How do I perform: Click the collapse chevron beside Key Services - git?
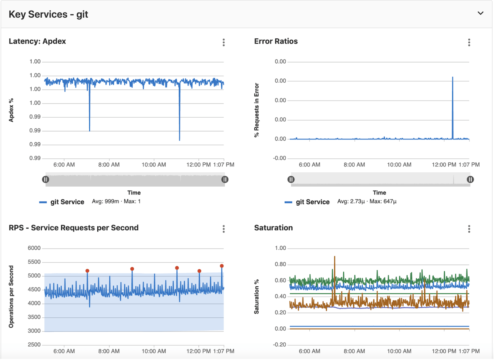pyautogui.click(x=480, y=13)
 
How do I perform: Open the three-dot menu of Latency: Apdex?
pyautogui.click(x=224, y=42)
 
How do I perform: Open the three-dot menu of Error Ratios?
pyautogui.click(x=469, y=42)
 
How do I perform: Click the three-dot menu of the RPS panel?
pyautogui.click(x=224, y=229)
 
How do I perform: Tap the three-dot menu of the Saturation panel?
pyautogui.click(x=469, y=229)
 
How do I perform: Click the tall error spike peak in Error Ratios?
pyautogui.click(x=452, y=78)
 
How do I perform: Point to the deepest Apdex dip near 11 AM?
pyautogui.click(x=180, y=139)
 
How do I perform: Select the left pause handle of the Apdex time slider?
pyautogui.click(x=46, y=179)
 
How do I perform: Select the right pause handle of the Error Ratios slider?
pyautogui.click(x=470, y=179)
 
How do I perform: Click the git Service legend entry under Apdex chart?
pyautogui.click(x=67, y=202)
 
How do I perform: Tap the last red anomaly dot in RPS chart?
pyautogui.click(x=222, y=266)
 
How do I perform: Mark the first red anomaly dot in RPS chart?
pyautogui.click(x=87, y=271)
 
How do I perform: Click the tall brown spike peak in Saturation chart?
pyautogui.click(x=334, y=257)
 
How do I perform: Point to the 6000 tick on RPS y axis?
pyautogui.click(x=34, y=248)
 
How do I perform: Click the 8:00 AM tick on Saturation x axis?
pyautogui.click(x=354, y=351)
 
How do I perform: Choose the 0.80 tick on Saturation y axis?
pyautogui.click(x=280, y=264)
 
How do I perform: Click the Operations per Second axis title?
pyautogui.click(x=11, y=296)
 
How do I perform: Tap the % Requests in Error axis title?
pyautogui.click(x=257, y=110)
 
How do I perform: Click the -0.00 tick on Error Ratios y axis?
pyautogui.click(x=279, y=158)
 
